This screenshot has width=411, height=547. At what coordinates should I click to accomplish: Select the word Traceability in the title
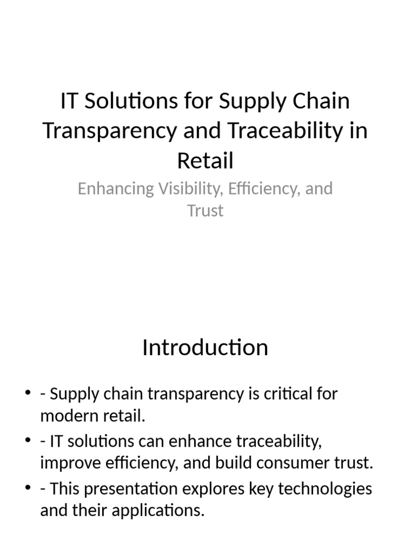click(x=271, y=131)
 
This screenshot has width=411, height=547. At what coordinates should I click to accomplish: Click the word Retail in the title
click(x=205, y=160)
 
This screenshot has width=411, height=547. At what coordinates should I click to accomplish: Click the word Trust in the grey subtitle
click(x=205, y=210)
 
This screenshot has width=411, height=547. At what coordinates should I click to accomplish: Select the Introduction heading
click(x=205, y=348)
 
